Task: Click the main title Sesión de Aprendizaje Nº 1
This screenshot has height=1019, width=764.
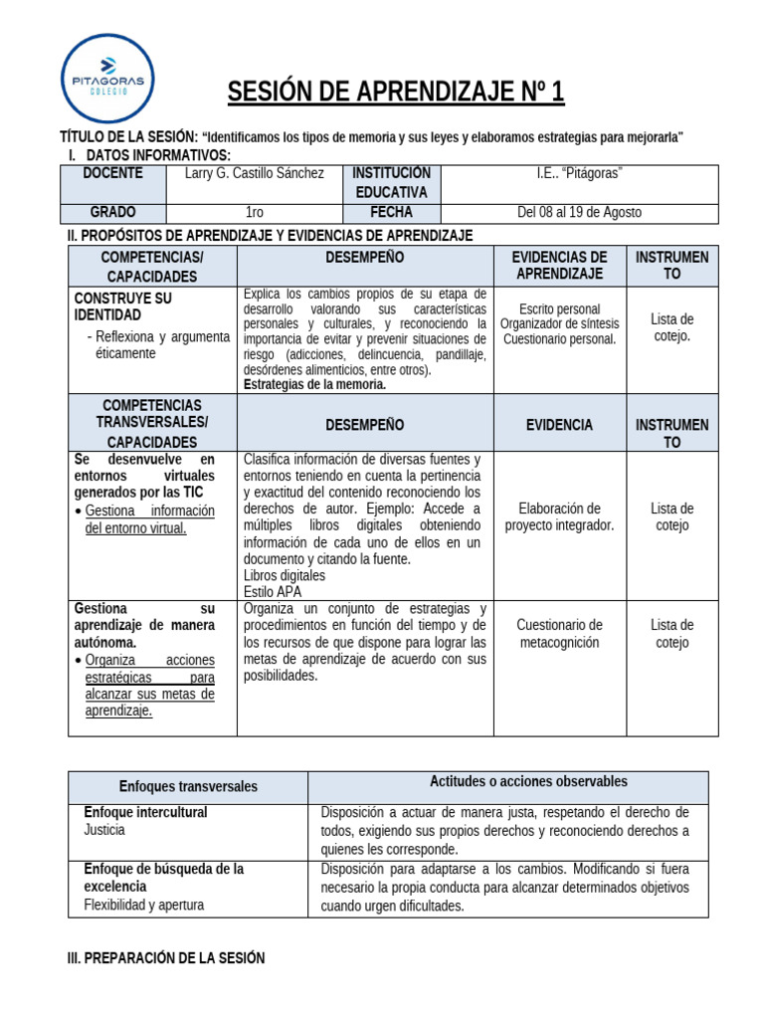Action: (396, 93)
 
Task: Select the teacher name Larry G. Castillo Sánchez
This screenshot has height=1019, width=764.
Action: (255, 173)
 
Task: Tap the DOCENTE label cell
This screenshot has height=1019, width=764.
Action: (112, 173)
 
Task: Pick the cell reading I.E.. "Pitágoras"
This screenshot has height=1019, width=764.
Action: (578, 173)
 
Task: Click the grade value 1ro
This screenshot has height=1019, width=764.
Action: (254, 212)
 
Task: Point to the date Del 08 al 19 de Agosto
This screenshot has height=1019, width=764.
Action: (578, 212)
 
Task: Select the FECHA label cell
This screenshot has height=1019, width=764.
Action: (391, 212)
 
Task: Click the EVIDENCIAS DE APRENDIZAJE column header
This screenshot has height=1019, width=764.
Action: (559, 266)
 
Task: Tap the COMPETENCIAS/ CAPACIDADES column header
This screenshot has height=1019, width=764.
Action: (152, 267)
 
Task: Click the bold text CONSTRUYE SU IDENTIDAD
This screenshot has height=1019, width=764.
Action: (123, 306)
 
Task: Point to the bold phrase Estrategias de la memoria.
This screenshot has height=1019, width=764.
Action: (314, 384)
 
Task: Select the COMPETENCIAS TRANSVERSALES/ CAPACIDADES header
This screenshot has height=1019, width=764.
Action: (152, 423)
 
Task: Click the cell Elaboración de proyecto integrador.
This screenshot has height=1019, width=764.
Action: (559, 516)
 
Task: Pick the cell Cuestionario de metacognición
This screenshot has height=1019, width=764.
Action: (559, 633)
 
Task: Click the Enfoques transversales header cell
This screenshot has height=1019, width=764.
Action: (188, 786)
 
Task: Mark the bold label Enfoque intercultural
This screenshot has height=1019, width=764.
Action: (146, 812)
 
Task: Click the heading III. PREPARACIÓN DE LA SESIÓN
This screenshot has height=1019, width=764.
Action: (165, 958)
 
